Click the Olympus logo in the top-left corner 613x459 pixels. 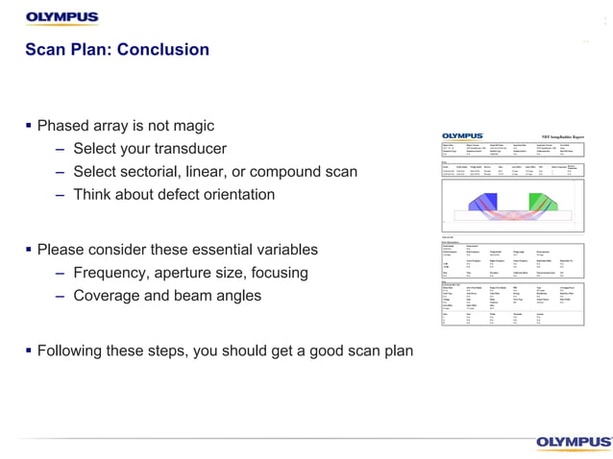pyautogui.click(x=61, y=17)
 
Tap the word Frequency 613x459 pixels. pyautogui.click(x=113, y=274)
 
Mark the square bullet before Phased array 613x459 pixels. pyautogui.click(x=29, y=126)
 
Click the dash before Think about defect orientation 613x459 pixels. pyautogui.click(x=61, y=195)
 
